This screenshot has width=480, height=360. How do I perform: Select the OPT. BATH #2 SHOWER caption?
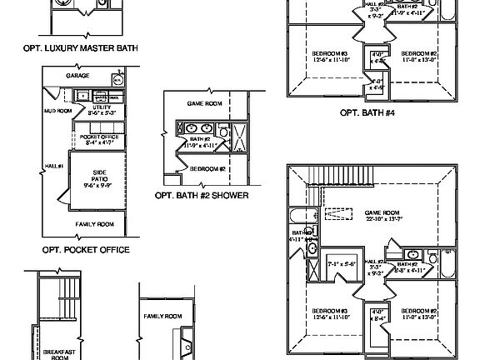pyautogui.click(x=202, y=198)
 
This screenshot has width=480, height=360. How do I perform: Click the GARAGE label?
pyautogui.click(x=77, y=76)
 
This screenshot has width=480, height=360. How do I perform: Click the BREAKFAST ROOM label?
pyautogui.click(x=58, y=353)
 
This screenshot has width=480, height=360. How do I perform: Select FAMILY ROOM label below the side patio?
pyautogui.click(x=93, y=225)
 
